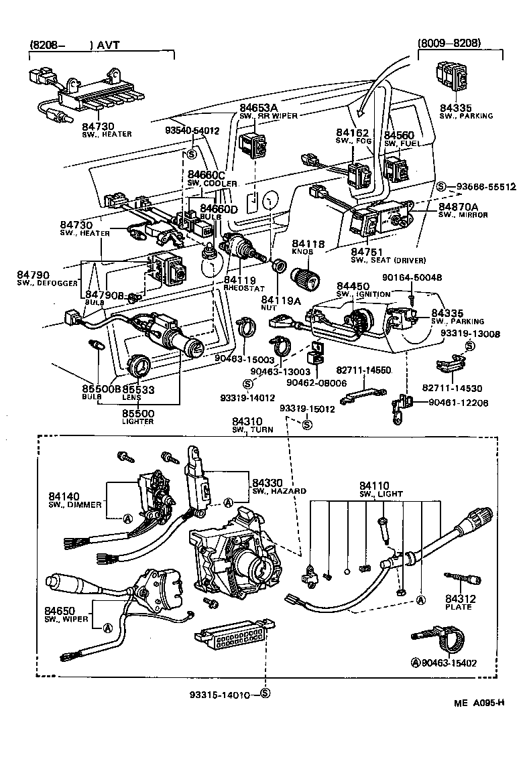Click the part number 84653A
click(258, 107)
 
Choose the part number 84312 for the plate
click(459, 598)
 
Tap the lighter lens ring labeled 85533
click(139, 367)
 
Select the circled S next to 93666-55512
click(441, 186)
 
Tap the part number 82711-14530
click(454, 387)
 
